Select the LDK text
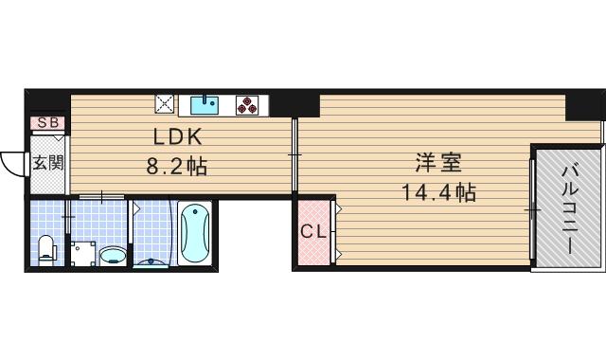click(x=170, y=136)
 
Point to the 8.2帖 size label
click(x=176, y=167)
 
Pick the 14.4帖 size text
click(x=437, y=193)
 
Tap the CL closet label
click(x=312, y=230)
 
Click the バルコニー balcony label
click(x=569, y=207)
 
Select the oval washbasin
click(x=113, y=254)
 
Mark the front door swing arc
click(x=12, y=165)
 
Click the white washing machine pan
click(x=82, y=251)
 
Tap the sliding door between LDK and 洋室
click(x=294, y=154)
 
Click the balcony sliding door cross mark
click(x=532, y=208)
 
